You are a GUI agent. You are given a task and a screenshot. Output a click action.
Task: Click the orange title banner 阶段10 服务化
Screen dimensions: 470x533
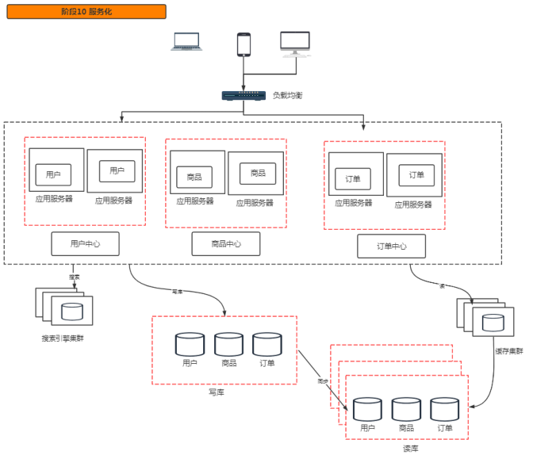86,12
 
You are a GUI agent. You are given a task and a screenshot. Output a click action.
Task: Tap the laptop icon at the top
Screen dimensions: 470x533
187,42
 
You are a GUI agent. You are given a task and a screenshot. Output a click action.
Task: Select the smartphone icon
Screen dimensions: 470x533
243,44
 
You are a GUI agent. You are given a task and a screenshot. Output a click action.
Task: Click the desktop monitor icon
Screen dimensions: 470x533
295,44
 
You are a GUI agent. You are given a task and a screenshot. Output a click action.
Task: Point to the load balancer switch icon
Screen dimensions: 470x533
243,96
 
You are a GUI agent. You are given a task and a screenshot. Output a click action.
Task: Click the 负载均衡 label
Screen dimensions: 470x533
287,96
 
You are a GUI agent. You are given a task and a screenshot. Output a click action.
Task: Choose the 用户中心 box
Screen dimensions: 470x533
85,244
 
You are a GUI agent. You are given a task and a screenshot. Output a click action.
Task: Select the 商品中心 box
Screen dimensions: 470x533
226,244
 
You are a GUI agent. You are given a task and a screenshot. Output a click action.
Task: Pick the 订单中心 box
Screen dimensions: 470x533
391,246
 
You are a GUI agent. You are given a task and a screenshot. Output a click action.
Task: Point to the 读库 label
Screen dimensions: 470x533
410,449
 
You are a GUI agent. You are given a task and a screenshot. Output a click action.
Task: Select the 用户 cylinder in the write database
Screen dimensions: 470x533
190,344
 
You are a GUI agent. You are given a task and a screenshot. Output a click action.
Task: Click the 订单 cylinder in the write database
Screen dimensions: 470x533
267,344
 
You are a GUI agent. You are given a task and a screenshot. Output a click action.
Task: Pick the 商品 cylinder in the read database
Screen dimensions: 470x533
406,409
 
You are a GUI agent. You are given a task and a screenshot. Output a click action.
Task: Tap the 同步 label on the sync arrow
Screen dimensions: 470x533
323,381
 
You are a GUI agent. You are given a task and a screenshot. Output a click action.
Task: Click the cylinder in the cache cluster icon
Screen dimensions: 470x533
493,322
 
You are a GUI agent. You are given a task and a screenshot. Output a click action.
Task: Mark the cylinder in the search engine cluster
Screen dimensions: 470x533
71,309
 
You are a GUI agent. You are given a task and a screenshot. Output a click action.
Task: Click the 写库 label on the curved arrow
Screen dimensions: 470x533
178,292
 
